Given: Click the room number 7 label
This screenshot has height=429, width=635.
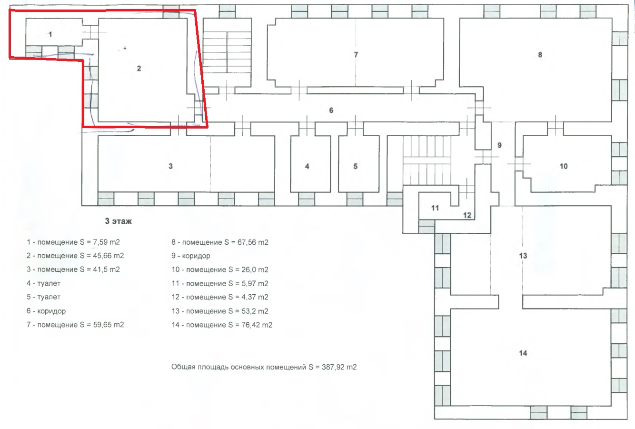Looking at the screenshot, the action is [356, 54].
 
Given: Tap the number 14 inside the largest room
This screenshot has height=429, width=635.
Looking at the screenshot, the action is [523, 353].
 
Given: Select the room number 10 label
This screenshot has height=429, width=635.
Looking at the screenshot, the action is [564, 166].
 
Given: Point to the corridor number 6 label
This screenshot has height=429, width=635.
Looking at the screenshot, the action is [331, 110].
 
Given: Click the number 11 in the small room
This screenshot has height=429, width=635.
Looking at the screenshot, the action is [435, 208].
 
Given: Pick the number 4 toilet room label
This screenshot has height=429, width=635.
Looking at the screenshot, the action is [307, 166].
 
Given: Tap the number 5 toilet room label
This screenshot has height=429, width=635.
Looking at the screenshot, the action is [356, 166].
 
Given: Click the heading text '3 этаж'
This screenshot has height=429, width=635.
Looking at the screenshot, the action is [118, 221].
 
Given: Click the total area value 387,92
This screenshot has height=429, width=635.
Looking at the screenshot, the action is [333, 367].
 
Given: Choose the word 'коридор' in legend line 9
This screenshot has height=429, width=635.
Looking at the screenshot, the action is [196, 256].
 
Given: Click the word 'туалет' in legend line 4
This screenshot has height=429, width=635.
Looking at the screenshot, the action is [49, 283].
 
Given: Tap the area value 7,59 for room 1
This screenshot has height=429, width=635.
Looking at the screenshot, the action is [100, 242].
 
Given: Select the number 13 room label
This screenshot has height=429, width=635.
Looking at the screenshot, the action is [523, 256].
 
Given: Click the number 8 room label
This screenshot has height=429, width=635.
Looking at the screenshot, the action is [540, 54].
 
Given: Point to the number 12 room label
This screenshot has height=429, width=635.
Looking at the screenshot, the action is [467, 215].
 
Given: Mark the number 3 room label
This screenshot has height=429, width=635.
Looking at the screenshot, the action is [170, 166].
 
